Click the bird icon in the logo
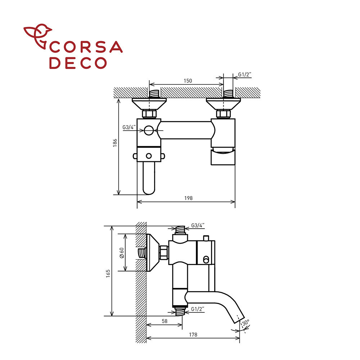pos(38,36)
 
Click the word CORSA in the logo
pos(86,47)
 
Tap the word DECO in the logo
pos(78,63)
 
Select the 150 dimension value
pos(188,81)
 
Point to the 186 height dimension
pos(115,143)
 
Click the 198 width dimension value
pos(189,198)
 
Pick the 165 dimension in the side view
pos(108,274)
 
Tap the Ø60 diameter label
pos(122,253)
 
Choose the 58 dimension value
pos(165,321)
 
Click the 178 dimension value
pos(193,335)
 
